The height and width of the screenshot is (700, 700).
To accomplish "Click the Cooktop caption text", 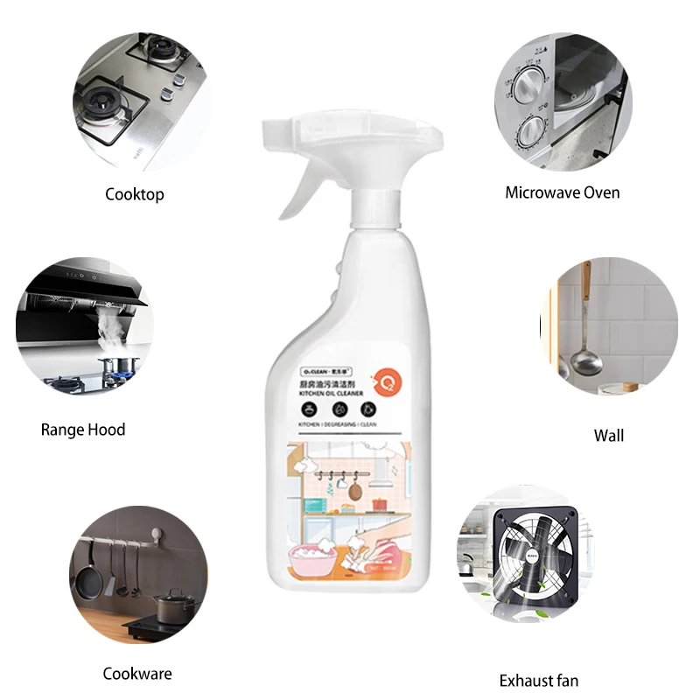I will (135, 194).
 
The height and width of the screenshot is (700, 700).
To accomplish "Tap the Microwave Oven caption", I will (563, 192).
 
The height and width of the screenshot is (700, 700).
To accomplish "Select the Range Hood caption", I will (83, 430).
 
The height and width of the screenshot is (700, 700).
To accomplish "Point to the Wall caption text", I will (609, 435).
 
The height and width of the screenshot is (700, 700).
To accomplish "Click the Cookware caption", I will (137, 673).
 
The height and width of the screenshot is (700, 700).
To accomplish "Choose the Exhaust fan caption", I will (539, 680).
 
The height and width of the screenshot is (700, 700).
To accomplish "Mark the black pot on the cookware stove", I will (174, 604).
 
